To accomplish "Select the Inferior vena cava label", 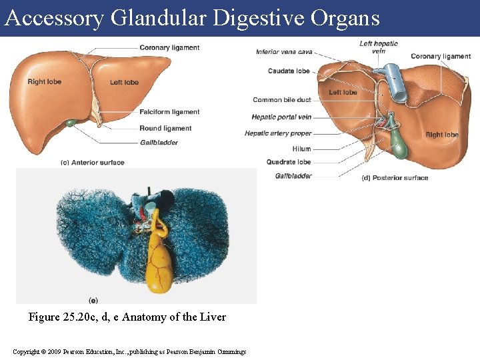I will click(284, 52).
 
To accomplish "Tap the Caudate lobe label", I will click(289, 71).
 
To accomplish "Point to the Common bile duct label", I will click(281, 100).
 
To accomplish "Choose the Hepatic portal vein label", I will click(281, 117).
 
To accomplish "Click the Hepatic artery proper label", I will click(278, 133).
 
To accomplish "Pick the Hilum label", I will click(301, 149).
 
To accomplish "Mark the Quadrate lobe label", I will click(289, 162).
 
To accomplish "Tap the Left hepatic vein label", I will click(379, 47).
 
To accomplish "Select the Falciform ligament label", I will click(169, 112).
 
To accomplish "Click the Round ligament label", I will click(165, 128).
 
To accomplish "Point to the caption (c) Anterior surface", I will click(92, 163).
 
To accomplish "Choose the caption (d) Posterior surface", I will click(395, 178).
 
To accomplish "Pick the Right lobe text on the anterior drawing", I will click(44, 82).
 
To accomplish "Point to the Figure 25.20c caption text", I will click(127, 317).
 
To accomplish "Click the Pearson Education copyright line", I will click(129, 351).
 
